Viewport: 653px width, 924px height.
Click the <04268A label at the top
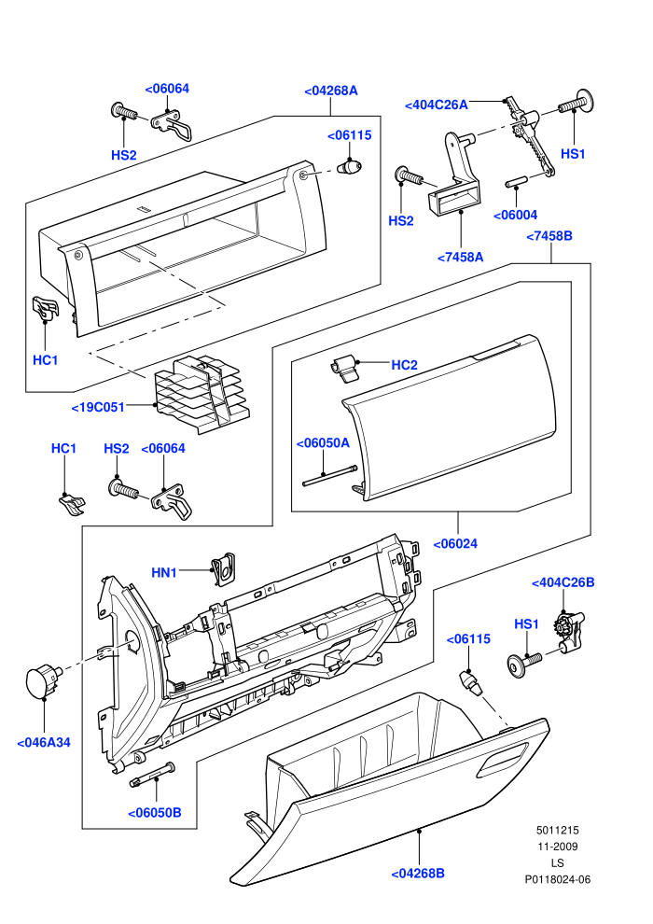pyautogui.click(x=331, y=91)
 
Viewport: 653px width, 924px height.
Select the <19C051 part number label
pyautogui.click(x=98, y=407)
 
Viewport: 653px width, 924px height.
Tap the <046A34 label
pyautogui.click(x=44, y=743)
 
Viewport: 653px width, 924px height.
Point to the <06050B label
pyautogui.click(x=155, y=813)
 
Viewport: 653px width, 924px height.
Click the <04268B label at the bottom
pyautogui.click(x=418, y=874)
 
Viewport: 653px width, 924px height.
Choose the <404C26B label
pyautogui.click(x=563, y=582)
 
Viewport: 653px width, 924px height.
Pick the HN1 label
pyautogui.click(x=164, y=572)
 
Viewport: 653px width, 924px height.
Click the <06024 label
pyautogui.click(x=455, y=543)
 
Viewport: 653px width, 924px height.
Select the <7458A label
pyautogui.click(x=461, y=257)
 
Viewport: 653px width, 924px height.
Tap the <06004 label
pyautogui.click(x=515, y=215)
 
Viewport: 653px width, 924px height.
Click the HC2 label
pyautogui.click(x=405, y=365)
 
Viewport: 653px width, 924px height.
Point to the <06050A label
pyautogui.click(x=323, y=443)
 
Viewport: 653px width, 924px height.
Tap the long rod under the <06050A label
pyautogui.click(x=330, y=476)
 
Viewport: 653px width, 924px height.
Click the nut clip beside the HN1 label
pyautogui.click(x=224, y=569)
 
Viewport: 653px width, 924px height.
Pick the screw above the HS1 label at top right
pyautogui.click(x=576, y=105)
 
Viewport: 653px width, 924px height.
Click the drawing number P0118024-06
pyautogui.click(x=557, y=879)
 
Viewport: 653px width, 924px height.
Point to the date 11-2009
pyautogui.click(x=557, y=847)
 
